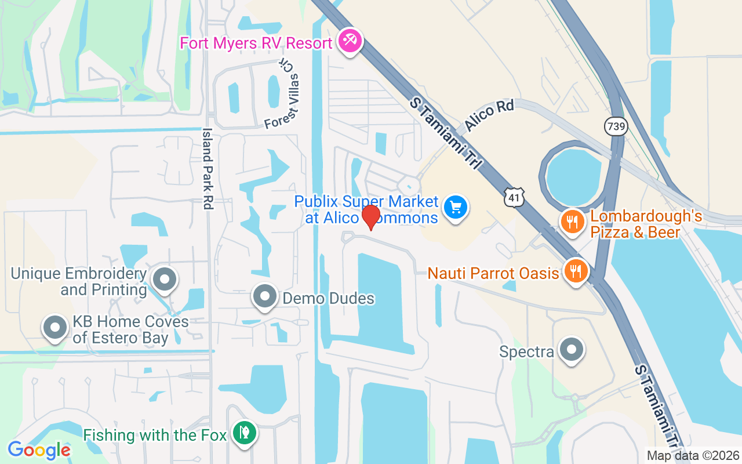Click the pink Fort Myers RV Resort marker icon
pos(350,41)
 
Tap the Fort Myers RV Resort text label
pos(256,43)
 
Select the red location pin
pos(370,217)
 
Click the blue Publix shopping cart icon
pos(456,207)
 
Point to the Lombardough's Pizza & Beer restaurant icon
pos(572,222)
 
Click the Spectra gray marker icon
pos(572,350)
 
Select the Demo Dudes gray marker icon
pos(265,297)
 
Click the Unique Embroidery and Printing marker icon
pos(165,280)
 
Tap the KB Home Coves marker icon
pos(56,327)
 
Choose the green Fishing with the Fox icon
pos(245,433)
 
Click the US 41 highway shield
pos(514,197)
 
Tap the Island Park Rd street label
pos(207,169)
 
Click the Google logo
pos(39,449)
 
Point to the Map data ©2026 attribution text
pos(693,455)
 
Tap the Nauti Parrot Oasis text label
pos(493,273)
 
